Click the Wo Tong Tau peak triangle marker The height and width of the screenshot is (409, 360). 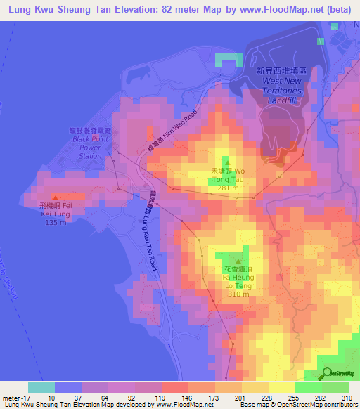pos(227,164)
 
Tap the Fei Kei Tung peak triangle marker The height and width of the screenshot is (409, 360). pos(55,197)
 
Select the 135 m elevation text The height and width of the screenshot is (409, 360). pos(55,223)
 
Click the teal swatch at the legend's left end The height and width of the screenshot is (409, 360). pos(41,387)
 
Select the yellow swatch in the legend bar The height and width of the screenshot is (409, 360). pos(281,387)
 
